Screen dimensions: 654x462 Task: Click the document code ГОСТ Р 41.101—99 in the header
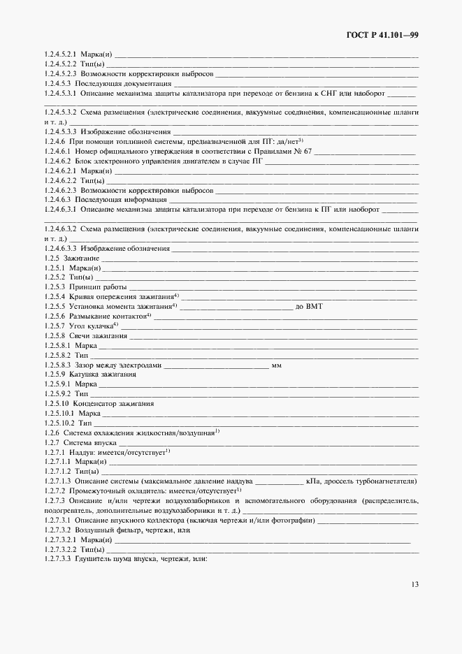click(384, 34)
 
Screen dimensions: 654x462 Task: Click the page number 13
click(414, 585)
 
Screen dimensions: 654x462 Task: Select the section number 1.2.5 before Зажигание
click(52, 258)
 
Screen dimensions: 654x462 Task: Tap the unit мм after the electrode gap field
click(277, 365)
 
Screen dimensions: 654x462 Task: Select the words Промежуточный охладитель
click(115, 490)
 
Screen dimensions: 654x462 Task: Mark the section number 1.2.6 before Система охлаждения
click(52, 433)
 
